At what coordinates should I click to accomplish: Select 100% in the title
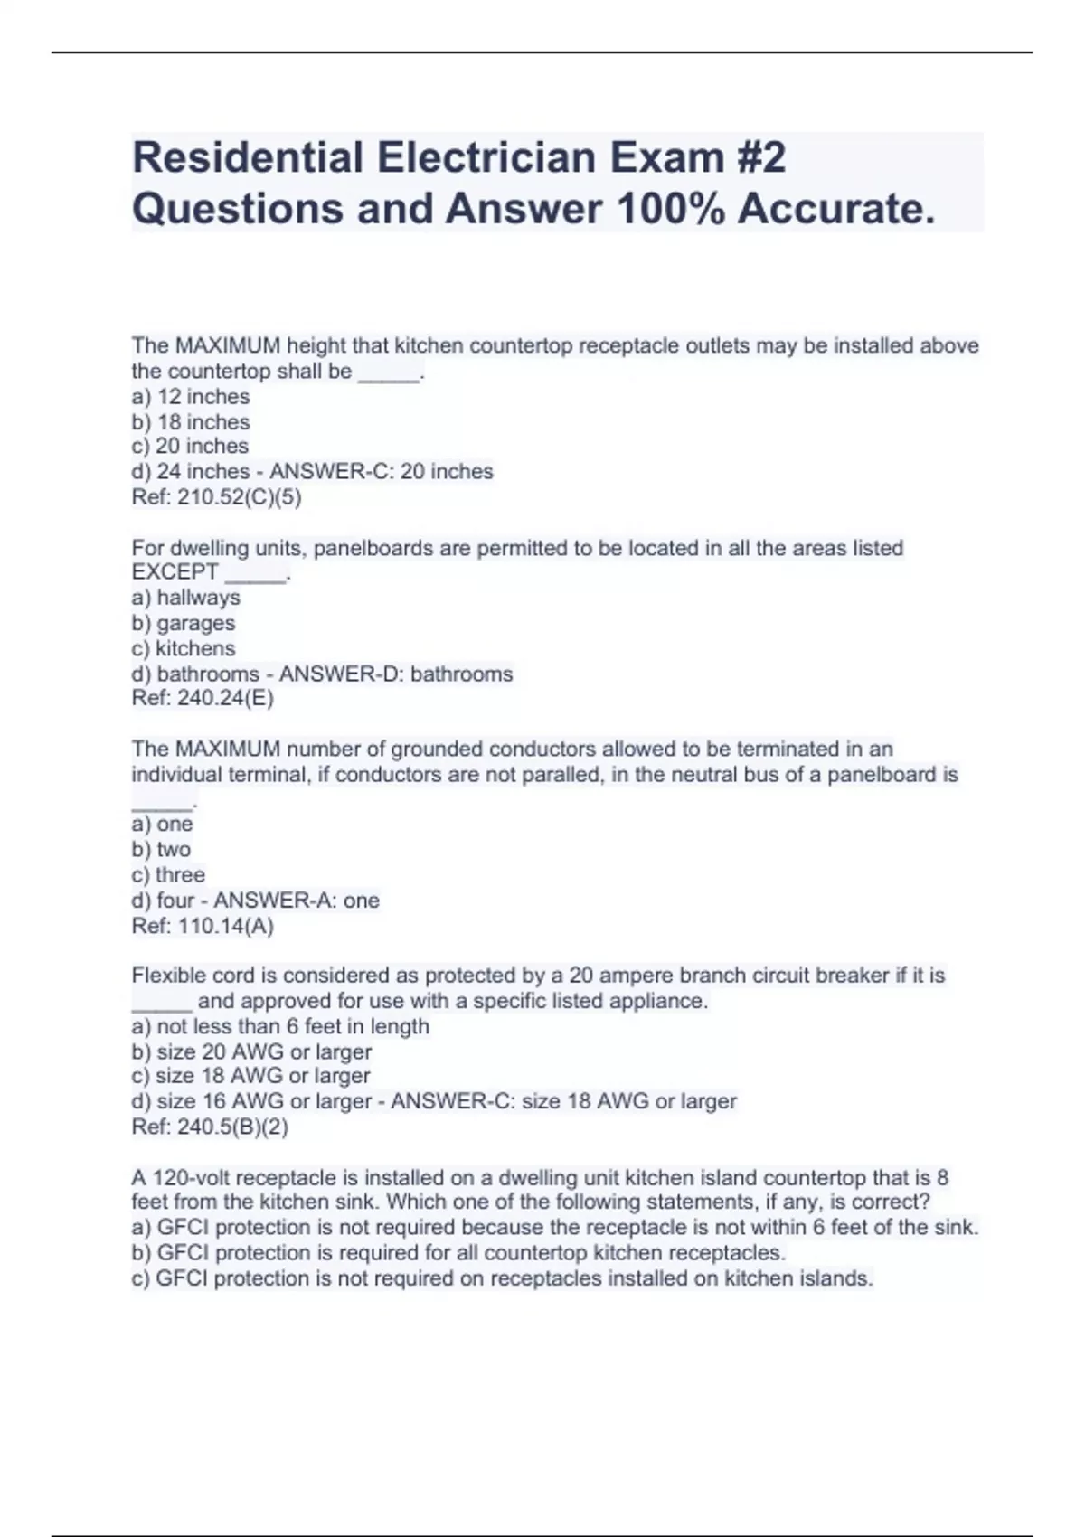click(x=670, y=209)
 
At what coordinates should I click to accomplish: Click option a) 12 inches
click(x=191, y=397)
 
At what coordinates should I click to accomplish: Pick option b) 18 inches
click(x=191, y=422)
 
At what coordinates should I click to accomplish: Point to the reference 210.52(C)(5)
click(x=217, y=497)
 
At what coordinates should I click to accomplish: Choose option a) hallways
click(x=186, y=598)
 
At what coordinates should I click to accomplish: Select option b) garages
click(x=184, y=623)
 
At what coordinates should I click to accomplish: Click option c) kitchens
click(x=184, y=648)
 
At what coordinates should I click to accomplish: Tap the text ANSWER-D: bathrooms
click(x=396, y=674)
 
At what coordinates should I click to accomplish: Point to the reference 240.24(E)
click(x=203, y=698)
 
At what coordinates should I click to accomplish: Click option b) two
click(x=162, y=849)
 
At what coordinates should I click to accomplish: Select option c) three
click(x=168, y=874)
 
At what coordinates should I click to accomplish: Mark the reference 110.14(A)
click(x=203, y=926)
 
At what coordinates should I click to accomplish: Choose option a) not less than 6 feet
click(x=280, y=1026)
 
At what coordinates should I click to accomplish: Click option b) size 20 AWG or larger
click(x=252, y=1051)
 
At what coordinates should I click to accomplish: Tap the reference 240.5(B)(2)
click(x=211, y=1127)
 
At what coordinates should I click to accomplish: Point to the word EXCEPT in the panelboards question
click(x=175, y=572)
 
